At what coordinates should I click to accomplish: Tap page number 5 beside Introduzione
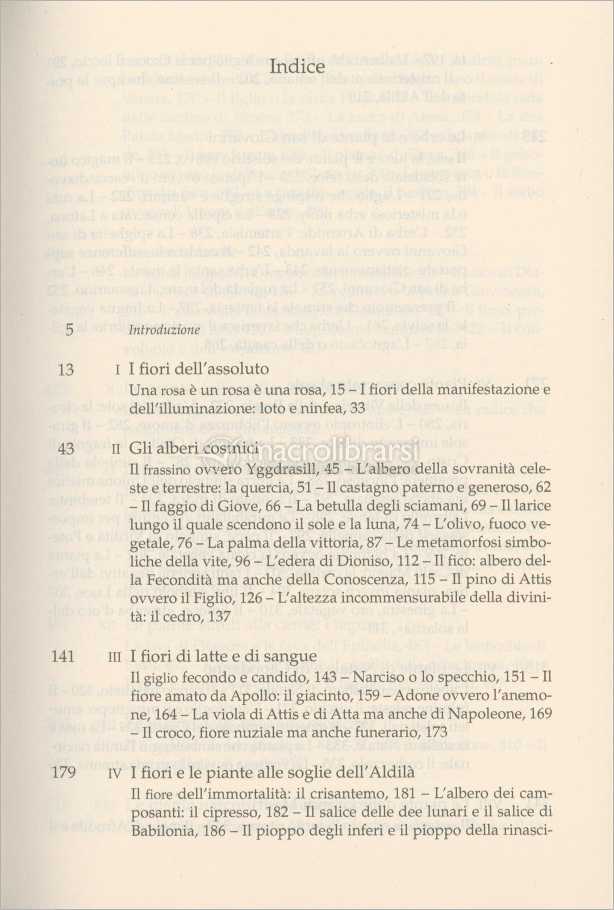click(x=69, y=329)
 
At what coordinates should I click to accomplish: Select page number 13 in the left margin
click(x=66, y=370)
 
